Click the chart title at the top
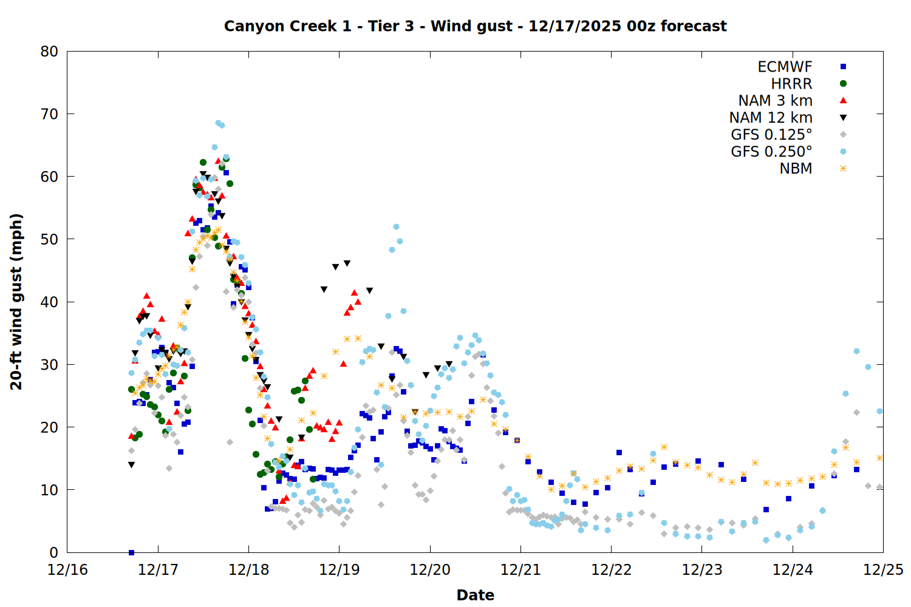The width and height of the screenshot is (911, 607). coord(475,26)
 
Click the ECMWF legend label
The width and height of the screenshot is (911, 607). coord(785,67)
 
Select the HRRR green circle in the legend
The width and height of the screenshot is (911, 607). coord(843,84)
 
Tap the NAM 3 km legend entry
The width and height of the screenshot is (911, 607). coord(775,101)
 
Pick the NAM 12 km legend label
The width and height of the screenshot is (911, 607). coord(771,118)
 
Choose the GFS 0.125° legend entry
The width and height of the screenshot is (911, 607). coord(771,135)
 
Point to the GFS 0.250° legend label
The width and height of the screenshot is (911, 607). coord(771,152)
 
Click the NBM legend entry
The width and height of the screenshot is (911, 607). coord(796,169)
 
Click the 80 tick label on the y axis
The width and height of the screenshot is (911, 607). coord(49,52)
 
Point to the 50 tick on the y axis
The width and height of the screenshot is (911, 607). coord(49,239)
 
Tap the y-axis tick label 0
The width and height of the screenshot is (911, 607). coord(53,552)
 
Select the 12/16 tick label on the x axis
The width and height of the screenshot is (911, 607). coord(67,570)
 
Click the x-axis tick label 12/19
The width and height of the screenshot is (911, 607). coord(339,570)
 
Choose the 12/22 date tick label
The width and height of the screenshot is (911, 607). coord(611,570)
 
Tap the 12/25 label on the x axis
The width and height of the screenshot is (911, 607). coord(883,570)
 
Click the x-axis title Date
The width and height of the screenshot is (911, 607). coord(475,595)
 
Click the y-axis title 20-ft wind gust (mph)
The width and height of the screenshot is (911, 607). coord(16,302)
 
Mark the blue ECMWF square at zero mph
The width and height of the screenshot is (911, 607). coord(131,552)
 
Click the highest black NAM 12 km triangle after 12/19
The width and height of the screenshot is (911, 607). coord(347,263)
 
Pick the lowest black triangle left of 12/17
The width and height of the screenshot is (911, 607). coord(131,465)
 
